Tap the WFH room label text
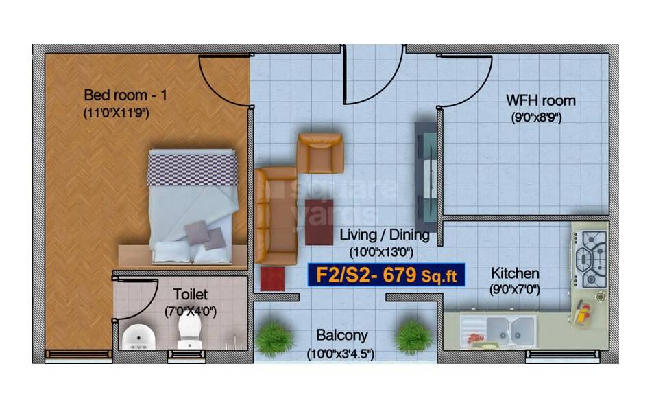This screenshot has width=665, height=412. coord(540,101)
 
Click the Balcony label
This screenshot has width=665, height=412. coord(341,336)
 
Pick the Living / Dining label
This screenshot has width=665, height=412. coord(385,236)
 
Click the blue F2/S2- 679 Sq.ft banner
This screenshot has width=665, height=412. coord(387,275)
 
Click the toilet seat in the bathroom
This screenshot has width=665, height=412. coord(189,331)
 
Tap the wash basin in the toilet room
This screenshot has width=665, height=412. coord(138,336)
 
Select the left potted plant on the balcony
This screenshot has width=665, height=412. coord(274,338)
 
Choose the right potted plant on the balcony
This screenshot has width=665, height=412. coord(413,336)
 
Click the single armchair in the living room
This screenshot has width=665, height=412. coord(319,152)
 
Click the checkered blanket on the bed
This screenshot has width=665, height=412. coord(193,169)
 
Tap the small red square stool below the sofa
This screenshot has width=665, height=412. coord(272,279)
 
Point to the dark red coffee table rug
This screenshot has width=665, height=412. coord(319,221)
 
